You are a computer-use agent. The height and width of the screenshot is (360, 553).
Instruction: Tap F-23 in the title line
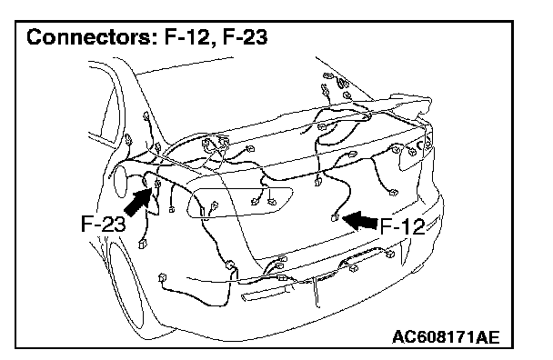click(x=245, y=36)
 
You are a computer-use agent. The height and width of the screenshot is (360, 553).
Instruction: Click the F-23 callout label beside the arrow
click(x=103, y=224)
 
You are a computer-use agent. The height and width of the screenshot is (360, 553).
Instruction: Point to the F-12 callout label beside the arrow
click(x=402, y=226)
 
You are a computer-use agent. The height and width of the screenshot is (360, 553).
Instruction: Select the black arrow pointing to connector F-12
click(x=360, y=221)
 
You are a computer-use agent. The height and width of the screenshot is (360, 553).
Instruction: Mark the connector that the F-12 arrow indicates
click(x=335, y=217)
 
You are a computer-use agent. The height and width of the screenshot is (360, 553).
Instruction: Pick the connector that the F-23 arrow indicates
click(x=157, y=183)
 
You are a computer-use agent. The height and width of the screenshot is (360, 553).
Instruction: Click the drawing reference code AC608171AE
click(x=446, y=337)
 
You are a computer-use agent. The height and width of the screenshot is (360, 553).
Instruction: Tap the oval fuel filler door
click(x=119, y=181)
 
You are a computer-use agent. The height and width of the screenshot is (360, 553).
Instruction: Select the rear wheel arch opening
click(x=127, y=282)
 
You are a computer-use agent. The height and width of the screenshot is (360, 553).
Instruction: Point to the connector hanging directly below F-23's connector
click(x=143, y=244)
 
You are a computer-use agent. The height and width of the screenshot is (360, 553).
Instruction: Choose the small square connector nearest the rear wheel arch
click(x=162, y=277)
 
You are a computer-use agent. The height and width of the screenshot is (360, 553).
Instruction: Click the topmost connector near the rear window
click(x=327, y=75)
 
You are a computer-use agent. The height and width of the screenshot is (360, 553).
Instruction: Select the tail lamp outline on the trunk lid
click(x=240, y=203)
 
